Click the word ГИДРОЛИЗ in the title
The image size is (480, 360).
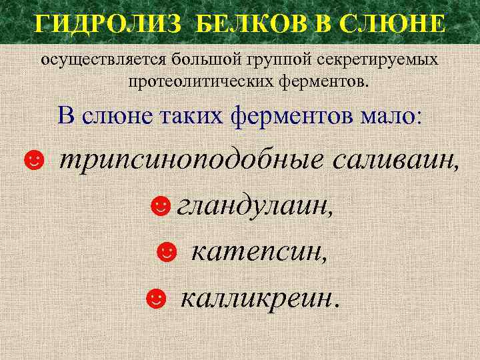coord(107,25)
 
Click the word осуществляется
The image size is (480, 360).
coord(105,60)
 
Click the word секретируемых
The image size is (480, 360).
coord(375,60)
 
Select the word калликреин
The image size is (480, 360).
coord(259,297)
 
